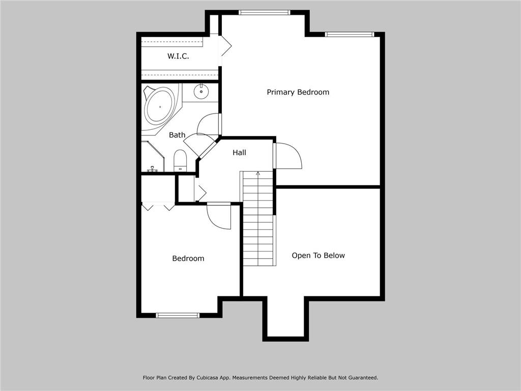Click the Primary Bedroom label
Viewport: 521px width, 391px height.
298,92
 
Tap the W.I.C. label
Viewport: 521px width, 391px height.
178,56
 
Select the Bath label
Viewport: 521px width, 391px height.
177,135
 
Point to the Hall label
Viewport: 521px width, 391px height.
239,152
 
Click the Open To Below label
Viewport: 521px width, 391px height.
318,256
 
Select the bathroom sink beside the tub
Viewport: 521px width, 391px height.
201,92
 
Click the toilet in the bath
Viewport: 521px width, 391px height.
180,160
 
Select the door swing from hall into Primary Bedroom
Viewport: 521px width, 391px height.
287,157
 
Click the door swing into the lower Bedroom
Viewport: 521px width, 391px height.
219,216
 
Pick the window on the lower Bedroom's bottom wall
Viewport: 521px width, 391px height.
178,315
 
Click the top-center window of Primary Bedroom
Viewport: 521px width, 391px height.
264,12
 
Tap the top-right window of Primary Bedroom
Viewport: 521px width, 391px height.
350,34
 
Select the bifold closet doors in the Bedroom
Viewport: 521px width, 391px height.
158,206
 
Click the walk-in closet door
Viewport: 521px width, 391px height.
225,46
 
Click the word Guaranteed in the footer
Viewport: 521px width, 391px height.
360,378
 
